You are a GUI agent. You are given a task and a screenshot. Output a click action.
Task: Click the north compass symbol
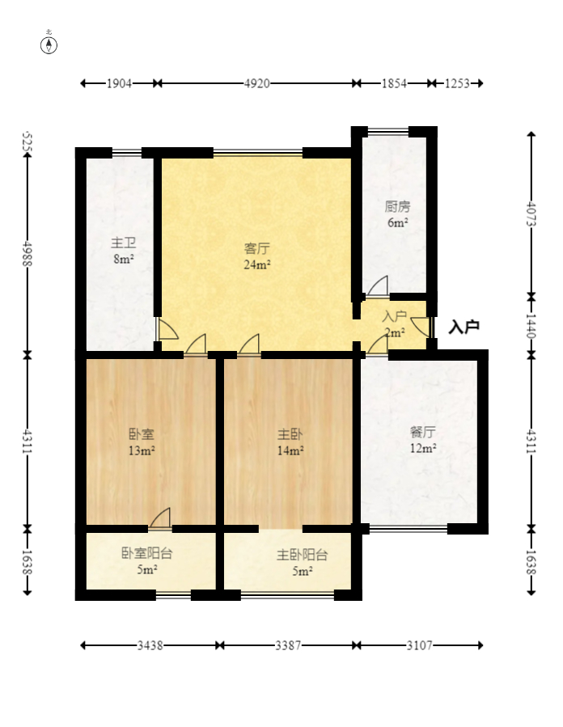tap(49, 45)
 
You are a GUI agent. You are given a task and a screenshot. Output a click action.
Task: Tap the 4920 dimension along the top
tap(257, 83)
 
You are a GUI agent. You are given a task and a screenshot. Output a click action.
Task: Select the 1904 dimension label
tap(119, 83)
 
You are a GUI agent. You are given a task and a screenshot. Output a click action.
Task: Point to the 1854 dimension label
tap(394, 83)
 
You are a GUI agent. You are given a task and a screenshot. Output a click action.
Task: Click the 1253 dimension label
tap(457, 83)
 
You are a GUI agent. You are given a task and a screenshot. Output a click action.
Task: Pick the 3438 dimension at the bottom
tap(150, 645)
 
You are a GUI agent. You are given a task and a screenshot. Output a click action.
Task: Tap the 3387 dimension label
tap(288, 645)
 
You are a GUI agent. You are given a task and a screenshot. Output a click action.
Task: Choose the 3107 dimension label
tap(419, 645)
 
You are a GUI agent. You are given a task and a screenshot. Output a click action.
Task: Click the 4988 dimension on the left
tap(27, 254)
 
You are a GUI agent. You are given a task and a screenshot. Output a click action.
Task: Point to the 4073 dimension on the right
tap(531, 213)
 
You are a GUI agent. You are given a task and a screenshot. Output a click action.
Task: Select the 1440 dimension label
tap(531, 327)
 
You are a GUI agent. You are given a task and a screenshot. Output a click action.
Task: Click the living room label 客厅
tap(257, 248)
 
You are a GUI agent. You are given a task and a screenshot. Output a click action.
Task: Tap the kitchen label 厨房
tap(397, 206)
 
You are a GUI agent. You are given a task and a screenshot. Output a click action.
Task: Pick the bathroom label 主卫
tap(124, 243)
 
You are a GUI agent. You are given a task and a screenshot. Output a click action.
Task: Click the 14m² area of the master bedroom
tap(290, 450)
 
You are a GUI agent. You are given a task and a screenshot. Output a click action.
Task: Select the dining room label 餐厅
tap(422, 432)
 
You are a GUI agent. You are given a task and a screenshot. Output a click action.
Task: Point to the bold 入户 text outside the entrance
tap(464, 327)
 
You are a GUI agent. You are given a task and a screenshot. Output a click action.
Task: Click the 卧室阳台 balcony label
tap(146, 553)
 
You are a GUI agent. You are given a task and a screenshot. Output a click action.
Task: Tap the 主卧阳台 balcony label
tap(303, 555)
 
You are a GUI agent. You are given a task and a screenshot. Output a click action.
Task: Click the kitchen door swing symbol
tap(378, 286)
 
